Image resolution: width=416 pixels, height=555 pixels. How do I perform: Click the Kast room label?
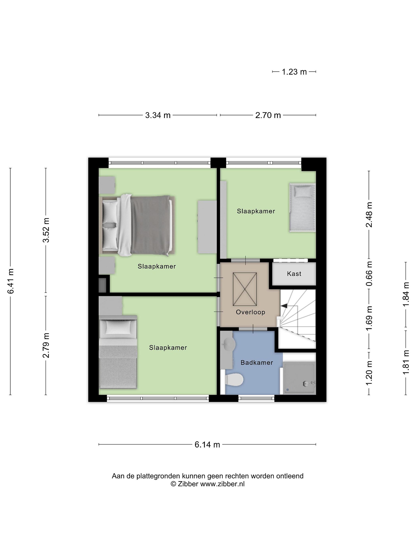coord(294,273)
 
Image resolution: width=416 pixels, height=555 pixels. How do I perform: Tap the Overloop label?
coord(250,312)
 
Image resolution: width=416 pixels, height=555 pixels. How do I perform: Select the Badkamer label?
coord(257,362)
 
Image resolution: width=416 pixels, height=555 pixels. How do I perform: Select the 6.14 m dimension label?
coord(207,445)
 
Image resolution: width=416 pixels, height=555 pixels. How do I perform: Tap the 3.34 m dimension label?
coord(158,115)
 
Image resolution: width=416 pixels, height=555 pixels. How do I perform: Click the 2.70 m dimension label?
coord(268,115)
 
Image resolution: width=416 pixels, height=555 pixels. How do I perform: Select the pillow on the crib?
coord(303,192)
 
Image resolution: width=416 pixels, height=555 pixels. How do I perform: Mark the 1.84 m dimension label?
coord(406,294)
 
